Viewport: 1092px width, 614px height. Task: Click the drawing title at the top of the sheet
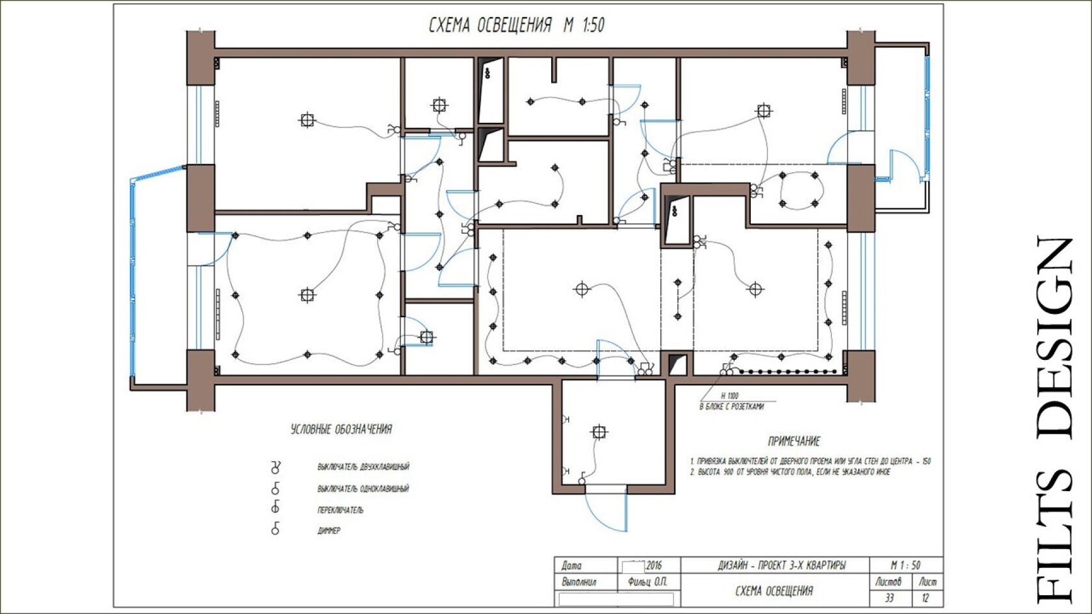[x=517, y=25]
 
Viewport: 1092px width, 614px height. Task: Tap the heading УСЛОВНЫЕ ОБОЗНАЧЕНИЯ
[x=341, y=429]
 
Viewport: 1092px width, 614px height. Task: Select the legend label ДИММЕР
[x=329, y=531]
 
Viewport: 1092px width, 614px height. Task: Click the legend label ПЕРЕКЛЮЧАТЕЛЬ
[x=341, y=510]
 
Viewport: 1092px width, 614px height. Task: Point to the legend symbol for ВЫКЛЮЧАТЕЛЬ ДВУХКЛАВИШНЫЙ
[x=276, y=467]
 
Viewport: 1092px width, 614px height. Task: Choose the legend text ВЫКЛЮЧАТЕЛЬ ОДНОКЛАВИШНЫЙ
[x=363, y=489]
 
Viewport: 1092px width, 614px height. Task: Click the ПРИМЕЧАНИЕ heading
[x=794, y=442]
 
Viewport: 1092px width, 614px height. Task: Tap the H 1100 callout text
[x=729, y=396]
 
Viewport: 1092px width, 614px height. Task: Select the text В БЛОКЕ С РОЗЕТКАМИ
[x=731, y=407]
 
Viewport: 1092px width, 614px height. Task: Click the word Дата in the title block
[x=571, y=566]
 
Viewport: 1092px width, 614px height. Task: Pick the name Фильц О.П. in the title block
[x=647, y=582]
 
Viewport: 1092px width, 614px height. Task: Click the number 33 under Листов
[x=889, y=598]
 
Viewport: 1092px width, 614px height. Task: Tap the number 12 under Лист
[x=926, y=598]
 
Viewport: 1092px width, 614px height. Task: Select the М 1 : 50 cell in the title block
[x=906, y=565]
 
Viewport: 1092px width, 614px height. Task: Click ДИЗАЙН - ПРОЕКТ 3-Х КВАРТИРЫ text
[x=782, y=566]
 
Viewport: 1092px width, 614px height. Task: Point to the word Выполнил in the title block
[x=579, y=582]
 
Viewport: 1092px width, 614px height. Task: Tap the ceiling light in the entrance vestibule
[x=599, y=432]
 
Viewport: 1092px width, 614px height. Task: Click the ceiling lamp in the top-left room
[x=307, y=120]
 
